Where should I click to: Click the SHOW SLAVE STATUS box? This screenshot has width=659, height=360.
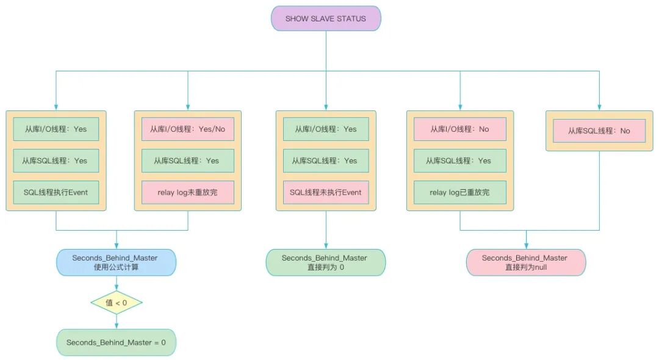click(326, 18)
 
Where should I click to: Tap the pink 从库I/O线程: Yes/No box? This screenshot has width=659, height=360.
click(188, 129)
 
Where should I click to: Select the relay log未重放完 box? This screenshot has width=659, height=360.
click(188, 192)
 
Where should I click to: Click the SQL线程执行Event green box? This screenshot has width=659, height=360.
click(56, 192)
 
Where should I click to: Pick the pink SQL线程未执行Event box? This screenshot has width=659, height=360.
click(326, 192)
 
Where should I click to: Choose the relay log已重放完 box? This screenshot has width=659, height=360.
click(460, 192)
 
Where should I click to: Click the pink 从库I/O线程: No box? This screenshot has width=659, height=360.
click(460, 129)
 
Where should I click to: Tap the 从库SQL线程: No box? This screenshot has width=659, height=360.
click(599, 131)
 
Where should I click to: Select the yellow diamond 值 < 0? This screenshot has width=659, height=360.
click(117, 303)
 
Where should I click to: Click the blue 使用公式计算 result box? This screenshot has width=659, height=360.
click(117, 262)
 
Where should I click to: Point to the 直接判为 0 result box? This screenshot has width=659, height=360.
click(326, 262)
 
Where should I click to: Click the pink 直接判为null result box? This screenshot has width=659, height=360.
click(525, 262)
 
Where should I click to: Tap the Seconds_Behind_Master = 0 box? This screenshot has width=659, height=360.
click(117, 342)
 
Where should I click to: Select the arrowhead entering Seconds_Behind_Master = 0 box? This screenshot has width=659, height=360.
click(117, 326)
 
